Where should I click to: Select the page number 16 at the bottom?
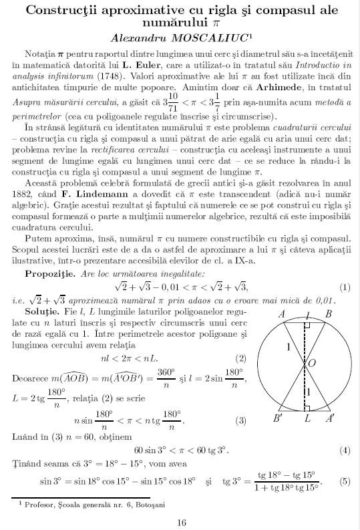180,522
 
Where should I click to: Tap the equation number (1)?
345,269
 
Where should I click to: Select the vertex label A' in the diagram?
329,419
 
